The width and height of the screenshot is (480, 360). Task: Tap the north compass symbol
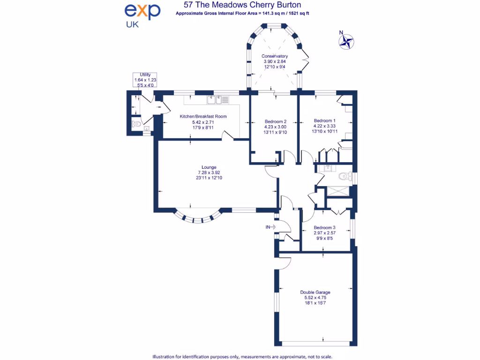[346, 41]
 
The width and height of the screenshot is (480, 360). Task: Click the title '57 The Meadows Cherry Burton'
[242, 5]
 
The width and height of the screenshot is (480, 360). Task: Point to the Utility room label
[145, 75]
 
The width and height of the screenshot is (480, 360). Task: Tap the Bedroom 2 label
[275, 121]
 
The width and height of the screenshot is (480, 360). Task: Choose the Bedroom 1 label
[324, 120]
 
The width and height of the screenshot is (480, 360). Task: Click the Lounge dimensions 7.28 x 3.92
[209, 172]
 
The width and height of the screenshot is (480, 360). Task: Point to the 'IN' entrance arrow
[271, 227]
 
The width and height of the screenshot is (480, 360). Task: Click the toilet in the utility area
[136, 124]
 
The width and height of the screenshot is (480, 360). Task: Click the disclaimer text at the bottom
[241, 356]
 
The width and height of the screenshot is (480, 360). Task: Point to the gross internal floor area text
[242, 14]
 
